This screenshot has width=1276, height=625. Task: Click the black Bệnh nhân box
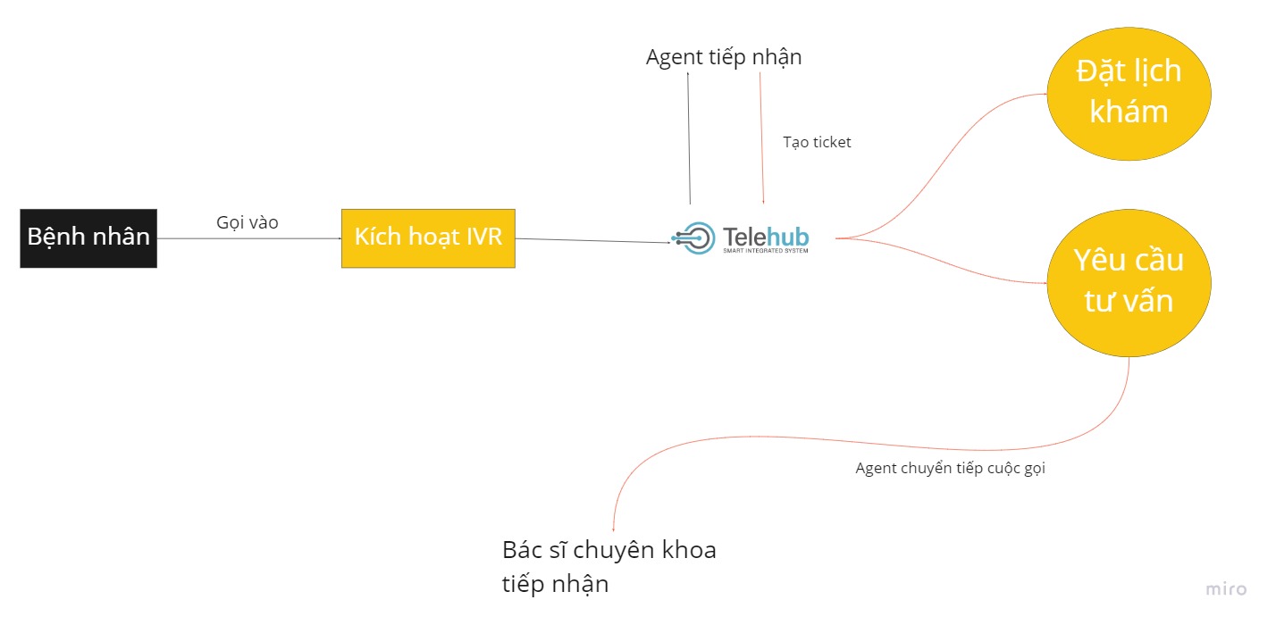(88, 238)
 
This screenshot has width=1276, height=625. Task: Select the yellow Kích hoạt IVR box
(428, 238)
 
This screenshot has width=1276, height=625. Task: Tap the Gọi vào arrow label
(247, 223)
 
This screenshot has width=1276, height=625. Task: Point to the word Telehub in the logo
(766, 236)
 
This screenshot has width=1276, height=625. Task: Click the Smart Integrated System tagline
(765, 251)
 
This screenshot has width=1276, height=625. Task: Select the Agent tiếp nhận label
(724, 57)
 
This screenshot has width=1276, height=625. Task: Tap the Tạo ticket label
(817, 142)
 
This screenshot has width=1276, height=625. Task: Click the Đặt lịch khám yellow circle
(1129, 91)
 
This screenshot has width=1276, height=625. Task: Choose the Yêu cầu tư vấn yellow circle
(1129, 280)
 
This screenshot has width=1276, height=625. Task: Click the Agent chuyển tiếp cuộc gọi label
(950, 468)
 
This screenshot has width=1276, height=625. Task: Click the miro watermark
(1226, 589)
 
